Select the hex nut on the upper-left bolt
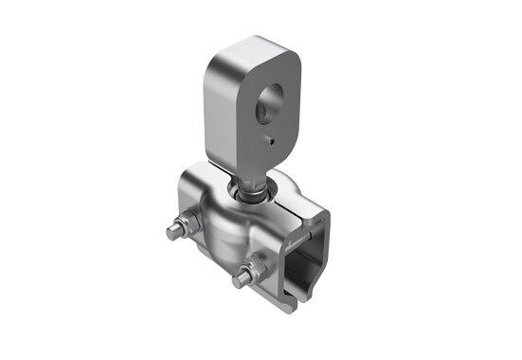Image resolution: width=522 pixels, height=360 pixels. (x=186, y=227)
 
